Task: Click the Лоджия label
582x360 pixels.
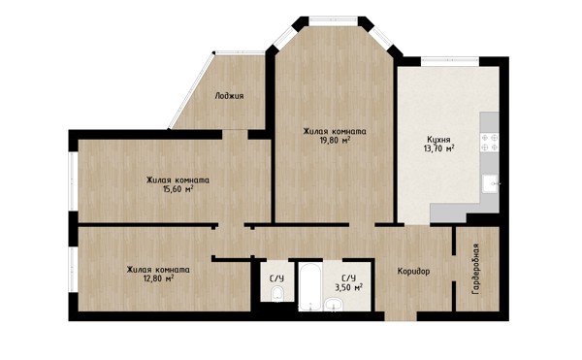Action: point(229,96)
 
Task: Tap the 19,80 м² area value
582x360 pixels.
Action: point(336,141)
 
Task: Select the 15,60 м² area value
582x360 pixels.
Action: point(178,189)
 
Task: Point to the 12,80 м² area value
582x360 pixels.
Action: point(159,278)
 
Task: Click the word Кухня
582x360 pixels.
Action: point(438,140)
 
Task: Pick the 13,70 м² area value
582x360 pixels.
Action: point(439,148)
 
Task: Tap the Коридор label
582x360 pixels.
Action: point(413,272)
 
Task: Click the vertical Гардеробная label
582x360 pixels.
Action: point(475,269)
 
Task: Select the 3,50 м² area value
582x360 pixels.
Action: point(348,287)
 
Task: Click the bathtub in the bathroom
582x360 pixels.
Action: point(310,286)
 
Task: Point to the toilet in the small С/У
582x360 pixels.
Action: point(276,294)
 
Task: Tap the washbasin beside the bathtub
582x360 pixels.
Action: point(334,305)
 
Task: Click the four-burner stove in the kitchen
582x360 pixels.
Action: point(490,143)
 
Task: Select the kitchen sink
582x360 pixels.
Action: point(490,183)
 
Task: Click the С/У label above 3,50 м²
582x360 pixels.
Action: point(348,278)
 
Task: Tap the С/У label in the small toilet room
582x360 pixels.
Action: point(276,278)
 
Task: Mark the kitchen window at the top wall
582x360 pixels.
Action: point(450,59)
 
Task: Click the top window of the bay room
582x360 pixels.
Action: point(334,19)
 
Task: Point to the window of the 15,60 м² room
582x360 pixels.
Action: point(73,181)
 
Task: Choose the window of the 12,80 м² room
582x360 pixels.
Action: point(73,270)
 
